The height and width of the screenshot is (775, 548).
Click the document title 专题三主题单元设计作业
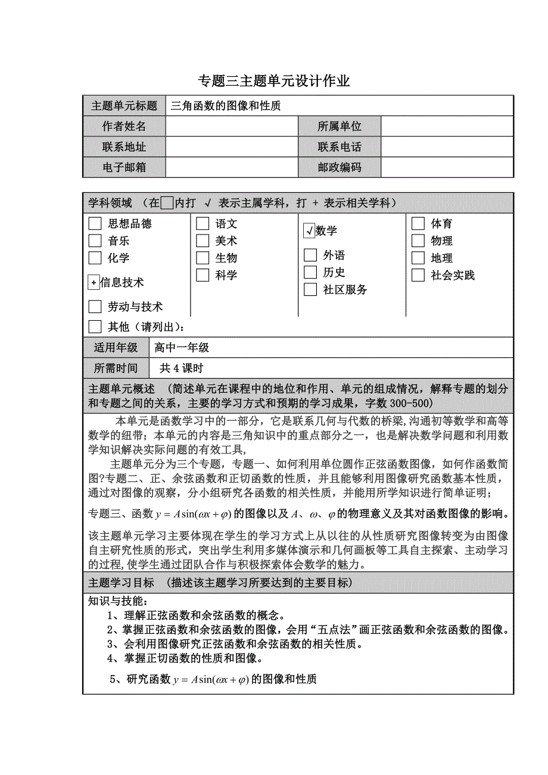tap(273, 81)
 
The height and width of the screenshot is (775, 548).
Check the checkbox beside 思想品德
tap(95, 224)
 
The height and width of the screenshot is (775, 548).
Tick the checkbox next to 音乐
tap(95, 241)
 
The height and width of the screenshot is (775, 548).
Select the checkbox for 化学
tap(95, 258)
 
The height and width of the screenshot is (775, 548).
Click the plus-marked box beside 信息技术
tap(94, 283)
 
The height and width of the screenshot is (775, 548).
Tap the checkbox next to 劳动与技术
tap(95, 307)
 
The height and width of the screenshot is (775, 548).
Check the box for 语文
tap(203, 224)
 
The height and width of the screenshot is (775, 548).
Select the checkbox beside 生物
tap(203, 258)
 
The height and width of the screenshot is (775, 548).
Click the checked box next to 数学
tap(309, 231)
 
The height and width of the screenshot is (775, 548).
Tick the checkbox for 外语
tap(310, 255)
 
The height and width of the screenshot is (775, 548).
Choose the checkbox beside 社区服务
tap(310, 290)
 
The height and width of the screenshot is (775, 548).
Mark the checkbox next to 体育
tap(418, 224)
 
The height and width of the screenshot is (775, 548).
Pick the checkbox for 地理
tap(418, 258)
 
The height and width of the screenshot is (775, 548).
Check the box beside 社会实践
tap(418, 276)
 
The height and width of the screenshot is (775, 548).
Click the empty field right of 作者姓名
tap(232, 126)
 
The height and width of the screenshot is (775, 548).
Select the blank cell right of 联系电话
tap(447, 147)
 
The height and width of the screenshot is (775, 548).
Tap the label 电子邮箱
tap(124, 168)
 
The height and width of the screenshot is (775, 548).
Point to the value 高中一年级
tap(182, 348)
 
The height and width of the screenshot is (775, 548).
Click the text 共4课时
tap(181, 368)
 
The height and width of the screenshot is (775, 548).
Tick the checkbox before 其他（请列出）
tap(95, 327)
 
